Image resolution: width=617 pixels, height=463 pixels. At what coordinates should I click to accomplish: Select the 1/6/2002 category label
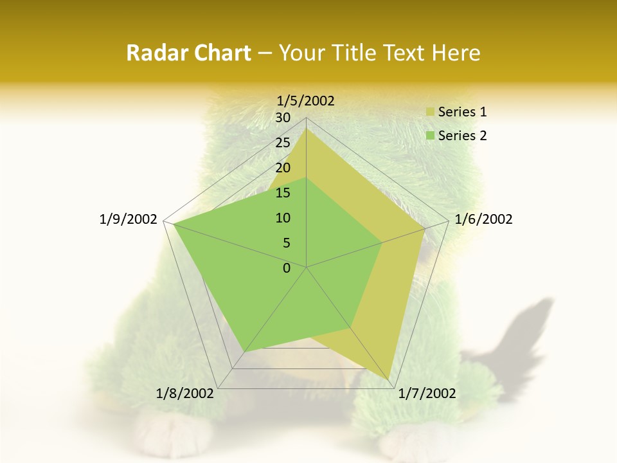tap(483, 219)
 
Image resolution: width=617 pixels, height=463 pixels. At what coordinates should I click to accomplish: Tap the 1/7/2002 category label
tap(427, 394)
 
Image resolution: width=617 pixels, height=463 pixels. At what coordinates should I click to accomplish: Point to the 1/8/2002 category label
tap(185, 394)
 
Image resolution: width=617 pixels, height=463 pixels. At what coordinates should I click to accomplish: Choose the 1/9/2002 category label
tap(129, 219)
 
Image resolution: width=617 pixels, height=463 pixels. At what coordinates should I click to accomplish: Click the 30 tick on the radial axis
tap(283, 118)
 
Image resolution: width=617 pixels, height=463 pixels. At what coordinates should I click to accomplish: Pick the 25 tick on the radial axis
tap(283, 143)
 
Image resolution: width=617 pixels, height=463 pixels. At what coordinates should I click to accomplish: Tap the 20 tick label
tap(283, 168)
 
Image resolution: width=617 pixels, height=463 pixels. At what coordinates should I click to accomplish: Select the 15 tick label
tap(283, 193)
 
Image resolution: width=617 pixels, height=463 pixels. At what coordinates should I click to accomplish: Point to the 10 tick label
tap(283, 218)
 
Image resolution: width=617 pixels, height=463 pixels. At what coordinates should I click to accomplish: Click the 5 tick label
tap(286, 243)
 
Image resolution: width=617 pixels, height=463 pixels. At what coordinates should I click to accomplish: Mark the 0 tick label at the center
tap(287, 268)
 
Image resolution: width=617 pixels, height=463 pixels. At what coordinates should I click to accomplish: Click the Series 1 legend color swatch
tap(430, 113)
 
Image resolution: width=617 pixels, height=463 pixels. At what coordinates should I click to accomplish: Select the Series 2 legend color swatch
tap(430, 136)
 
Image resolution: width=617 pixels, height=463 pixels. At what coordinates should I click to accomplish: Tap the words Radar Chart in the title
tap(188, 53)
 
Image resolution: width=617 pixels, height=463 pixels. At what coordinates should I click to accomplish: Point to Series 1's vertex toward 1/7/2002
tap(389, 379)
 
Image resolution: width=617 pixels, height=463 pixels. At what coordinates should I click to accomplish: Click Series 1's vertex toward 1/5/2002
tap(306, 128)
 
